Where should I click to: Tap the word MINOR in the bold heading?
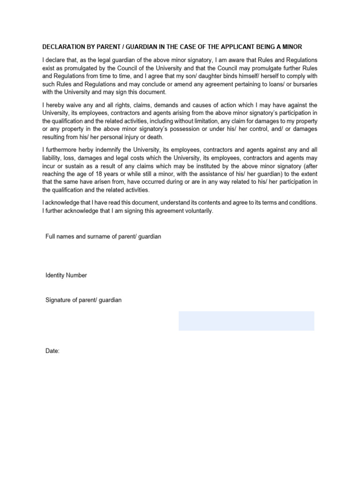(292, 47)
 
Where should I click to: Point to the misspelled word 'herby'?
(91, 150)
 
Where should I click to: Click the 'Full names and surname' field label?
(103, 237)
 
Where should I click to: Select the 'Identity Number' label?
(66, 275)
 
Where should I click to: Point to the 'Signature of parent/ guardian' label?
(83, 300)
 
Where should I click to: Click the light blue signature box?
(246, 321)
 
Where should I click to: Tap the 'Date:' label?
(52, 351)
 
